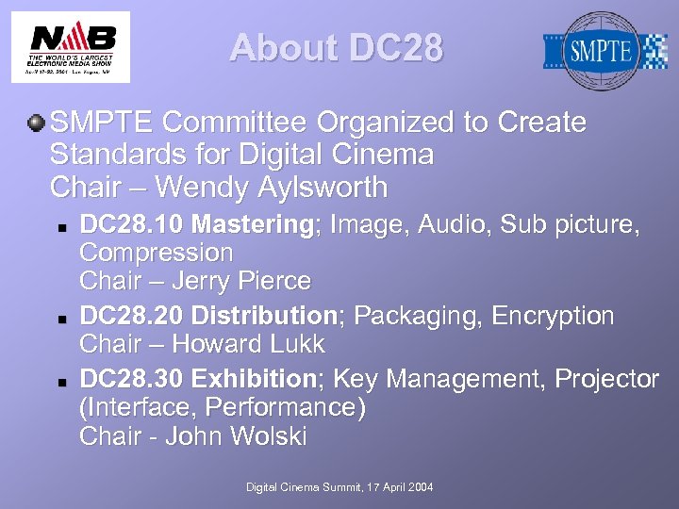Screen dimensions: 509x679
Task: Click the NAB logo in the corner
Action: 71,46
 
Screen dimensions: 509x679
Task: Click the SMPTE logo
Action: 604,50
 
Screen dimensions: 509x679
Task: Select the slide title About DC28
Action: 336,48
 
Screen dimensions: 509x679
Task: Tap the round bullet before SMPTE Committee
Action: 36,123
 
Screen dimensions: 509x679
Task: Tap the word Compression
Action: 156,253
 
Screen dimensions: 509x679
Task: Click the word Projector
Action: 607,379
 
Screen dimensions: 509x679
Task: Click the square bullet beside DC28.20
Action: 58,318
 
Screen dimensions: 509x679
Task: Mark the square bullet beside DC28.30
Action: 58,381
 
